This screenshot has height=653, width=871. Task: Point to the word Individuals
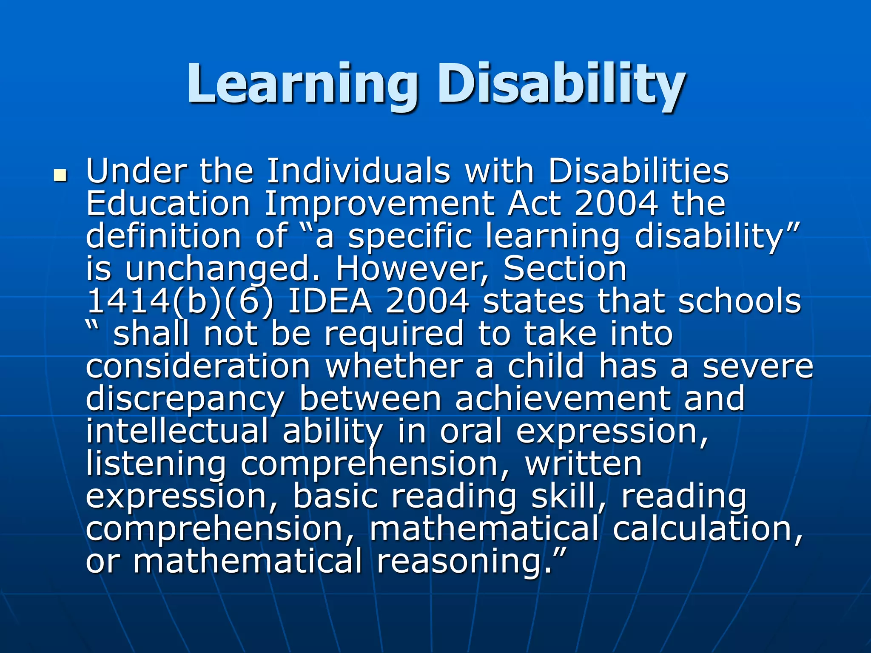point(358,171)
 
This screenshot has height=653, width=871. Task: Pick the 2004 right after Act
point(615,204)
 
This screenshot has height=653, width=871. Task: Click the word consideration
point(198,366)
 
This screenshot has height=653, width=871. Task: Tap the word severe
point(757,366)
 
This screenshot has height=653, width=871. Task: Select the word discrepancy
point(185,399)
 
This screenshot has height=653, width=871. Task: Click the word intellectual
point(177,432)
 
